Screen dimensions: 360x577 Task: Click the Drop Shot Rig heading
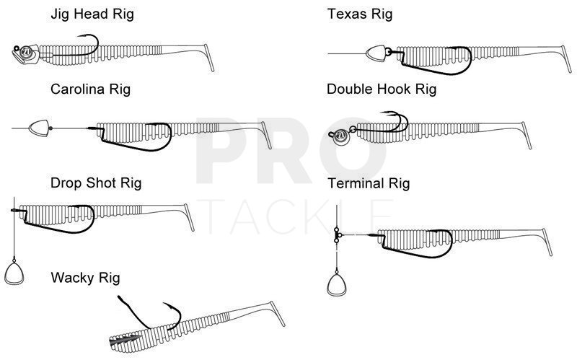(x=96, y=183)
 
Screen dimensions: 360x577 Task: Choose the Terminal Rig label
(x=368, y=183)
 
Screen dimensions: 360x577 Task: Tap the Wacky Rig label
(x=85, y=278)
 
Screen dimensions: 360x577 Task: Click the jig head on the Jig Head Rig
(x=24, y=53)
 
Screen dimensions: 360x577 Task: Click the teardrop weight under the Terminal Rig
(x=336, y=284)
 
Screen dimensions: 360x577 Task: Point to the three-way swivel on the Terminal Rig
(x=337, y=236)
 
